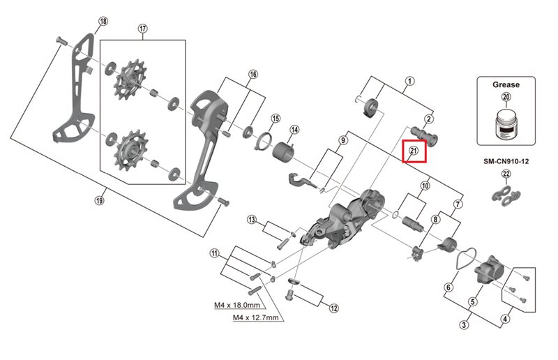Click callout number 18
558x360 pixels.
pos(103,22)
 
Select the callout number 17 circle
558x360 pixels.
pos(143,29)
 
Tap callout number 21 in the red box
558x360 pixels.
pos(413,151)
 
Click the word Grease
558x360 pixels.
pos(506,84)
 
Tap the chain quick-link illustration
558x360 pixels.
pos(506,197)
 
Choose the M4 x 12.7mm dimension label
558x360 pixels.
pos(256,317)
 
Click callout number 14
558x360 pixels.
pos(294,130)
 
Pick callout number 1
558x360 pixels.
pos(410,82)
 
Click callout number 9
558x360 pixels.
pos(342,140)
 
